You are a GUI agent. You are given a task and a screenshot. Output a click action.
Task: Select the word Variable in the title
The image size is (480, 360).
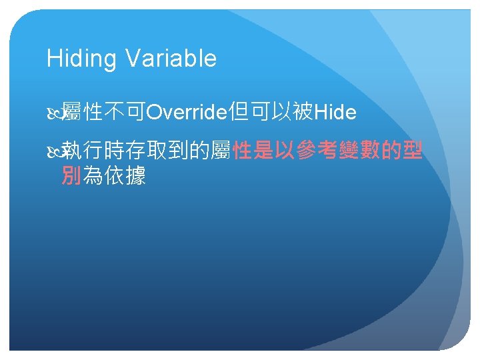[x=171, y=58]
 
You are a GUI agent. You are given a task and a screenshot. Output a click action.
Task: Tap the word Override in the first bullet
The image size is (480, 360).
[x=187, y=112]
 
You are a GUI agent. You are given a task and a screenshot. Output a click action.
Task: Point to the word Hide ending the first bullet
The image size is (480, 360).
[x=335, y=112]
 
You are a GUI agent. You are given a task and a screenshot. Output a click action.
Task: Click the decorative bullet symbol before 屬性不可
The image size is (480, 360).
[x=55, y=113]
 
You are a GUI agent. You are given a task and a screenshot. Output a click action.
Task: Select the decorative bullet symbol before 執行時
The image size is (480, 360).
[x=55, y=151]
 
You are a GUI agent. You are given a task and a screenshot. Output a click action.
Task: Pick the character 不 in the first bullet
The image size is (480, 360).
[x=114, y=111]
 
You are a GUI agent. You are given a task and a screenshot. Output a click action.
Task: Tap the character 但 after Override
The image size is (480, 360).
[x=239, y=111]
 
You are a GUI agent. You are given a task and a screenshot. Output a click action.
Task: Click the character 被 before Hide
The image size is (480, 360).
[x=303, y=111]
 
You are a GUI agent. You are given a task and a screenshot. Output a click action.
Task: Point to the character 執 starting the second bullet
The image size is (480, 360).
[x=71, y=150]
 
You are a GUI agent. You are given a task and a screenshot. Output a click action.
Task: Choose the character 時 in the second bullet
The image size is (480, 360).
[x=114, y=150]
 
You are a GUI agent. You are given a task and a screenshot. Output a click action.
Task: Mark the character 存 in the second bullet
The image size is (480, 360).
[x=135, y=150]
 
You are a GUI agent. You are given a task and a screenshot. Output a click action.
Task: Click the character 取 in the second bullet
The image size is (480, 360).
[x=157, y=150]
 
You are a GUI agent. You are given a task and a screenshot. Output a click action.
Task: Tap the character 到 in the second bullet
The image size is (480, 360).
[x=178, y=150]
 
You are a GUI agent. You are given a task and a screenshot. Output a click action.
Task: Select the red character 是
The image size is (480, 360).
[x=263, y=150]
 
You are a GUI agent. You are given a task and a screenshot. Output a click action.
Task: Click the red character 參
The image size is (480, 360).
[x=306, y=150]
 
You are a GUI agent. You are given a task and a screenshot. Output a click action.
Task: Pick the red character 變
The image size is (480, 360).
[x=349, y=150]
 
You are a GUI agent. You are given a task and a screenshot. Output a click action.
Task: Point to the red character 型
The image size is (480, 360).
[x=413, y=150]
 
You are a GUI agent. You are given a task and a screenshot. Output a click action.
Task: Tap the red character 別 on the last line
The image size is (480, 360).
[x=71, y=175]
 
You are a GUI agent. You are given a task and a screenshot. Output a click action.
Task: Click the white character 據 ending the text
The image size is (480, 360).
[x=135, y=175]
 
